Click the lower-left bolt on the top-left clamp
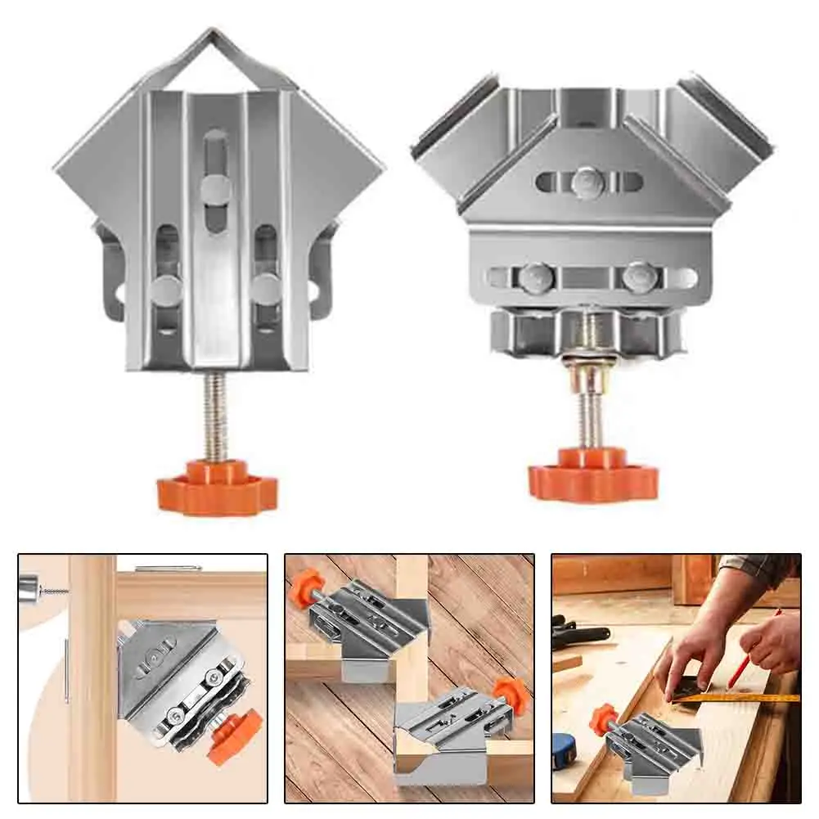[x=167, y=289]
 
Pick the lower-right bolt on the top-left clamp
[x=266, y=289]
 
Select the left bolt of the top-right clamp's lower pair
[x=536, y=277]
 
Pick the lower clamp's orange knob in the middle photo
[x=507, y=695]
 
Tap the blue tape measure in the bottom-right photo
[x=565, y=749]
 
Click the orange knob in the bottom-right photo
[x=604, y=718]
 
